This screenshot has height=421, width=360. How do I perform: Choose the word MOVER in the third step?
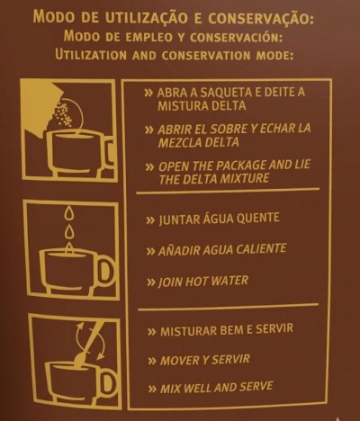[x=179, y=360]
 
